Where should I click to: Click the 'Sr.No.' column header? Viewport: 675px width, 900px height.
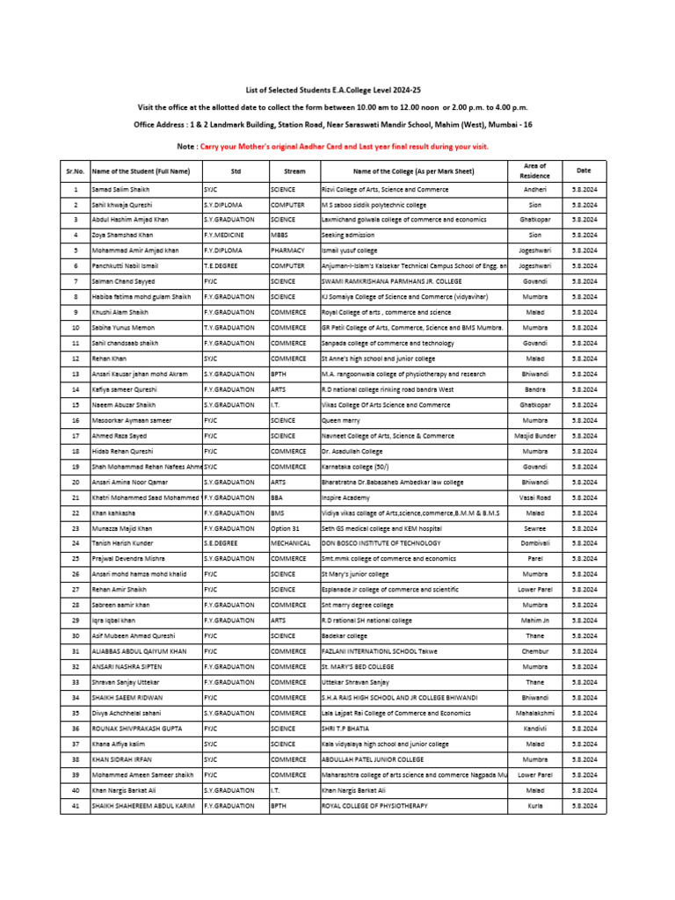[x=76, y=171]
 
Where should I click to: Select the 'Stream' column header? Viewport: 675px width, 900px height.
[x=294, y=171]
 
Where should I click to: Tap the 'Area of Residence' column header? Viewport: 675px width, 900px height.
[x=534, y=171]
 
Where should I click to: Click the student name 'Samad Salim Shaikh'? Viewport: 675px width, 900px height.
[x=122, y=189]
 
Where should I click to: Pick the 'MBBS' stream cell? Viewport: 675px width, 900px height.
[x=282, y=235]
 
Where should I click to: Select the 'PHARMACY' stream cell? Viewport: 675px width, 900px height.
[x=289, y=250]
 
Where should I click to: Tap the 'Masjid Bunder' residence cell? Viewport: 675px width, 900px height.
[x=534, y=436]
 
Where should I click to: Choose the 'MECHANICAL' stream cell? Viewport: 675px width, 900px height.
[x=293, y=544]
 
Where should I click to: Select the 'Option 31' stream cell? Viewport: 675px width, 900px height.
[x=287, y=528]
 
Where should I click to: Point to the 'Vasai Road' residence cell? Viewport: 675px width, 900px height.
[x=534, y=497]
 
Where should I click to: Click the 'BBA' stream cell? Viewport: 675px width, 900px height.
[x=279, y=497]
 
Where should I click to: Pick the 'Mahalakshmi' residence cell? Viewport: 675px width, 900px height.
[x=534, y=714]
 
